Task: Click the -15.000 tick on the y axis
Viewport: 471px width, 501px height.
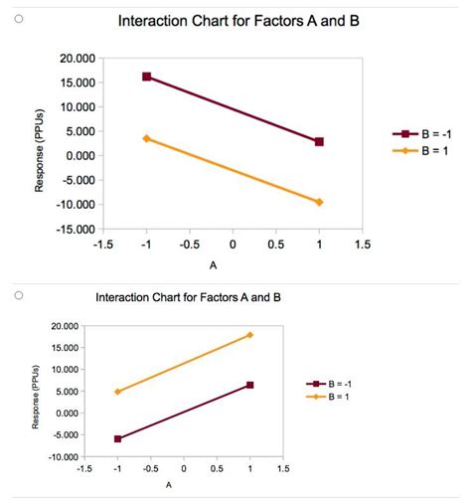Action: coord(76,230)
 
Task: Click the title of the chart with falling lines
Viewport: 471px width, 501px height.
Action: coord(237,21)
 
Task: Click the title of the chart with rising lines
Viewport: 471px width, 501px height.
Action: coord(188,297)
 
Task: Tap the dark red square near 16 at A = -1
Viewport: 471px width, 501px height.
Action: coord(147,77)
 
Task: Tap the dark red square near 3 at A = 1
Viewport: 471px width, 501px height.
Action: coord(319,142)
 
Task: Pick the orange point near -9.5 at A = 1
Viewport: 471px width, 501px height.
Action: coord(319,202)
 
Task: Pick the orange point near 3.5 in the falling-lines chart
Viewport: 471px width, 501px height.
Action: coord(147,138)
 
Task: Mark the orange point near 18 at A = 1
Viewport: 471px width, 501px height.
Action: coord(249,335)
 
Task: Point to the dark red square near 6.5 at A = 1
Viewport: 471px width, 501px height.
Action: coord(249,385)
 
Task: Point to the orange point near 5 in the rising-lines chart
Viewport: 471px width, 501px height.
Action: coord(118,392)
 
